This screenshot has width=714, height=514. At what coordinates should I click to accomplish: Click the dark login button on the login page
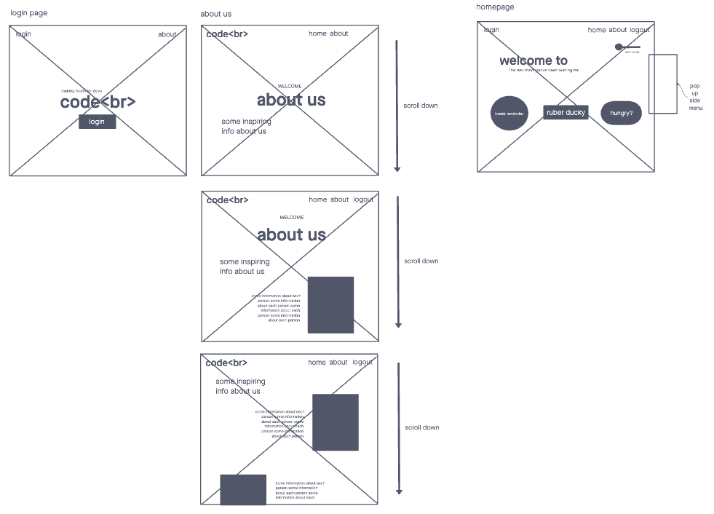point(97,122)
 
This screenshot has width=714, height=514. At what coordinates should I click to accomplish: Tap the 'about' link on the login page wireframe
point(167,34)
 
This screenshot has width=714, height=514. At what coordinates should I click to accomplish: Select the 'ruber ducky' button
point(566,113)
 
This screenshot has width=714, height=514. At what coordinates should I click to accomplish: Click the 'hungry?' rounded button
point(621,113)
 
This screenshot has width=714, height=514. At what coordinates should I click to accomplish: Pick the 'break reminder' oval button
point(509,114)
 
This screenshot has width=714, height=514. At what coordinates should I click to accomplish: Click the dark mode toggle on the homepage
point(627,47)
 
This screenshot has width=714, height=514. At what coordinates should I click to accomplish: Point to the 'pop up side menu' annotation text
point(695,97)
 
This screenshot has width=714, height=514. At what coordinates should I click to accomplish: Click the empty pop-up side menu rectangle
point(662,84)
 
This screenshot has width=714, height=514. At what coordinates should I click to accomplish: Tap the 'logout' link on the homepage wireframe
point(640,30)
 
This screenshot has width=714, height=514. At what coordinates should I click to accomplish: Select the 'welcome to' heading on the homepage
point(533,60)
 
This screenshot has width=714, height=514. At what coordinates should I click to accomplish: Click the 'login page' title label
point(29,14)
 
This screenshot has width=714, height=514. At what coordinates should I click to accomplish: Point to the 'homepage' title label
point(495,7)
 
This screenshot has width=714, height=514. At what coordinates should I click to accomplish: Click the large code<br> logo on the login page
point(98,103)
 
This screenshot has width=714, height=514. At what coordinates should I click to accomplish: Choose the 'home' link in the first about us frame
point(317,33)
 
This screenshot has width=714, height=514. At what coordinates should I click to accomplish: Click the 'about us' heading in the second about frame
point(291,234)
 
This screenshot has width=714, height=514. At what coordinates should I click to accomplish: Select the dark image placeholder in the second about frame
point(330,305)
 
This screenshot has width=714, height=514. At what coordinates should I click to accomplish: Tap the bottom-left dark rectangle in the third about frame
point(243,489)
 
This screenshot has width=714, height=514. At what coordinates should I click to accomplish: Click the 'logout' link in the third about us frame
point(362,362)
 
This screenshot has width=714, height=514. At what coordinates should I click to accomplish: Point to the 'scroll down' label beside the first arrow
point(421,106)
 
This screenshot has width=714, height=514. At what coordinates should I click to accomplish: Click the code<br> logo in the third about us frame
point(226,363)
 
